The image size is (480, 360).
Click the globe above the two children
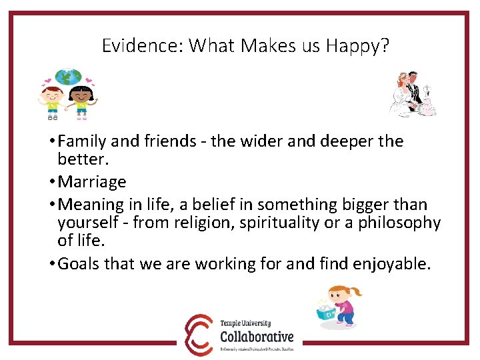point(68,77)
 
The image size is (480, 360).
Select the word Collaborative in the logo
point(257,336)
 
